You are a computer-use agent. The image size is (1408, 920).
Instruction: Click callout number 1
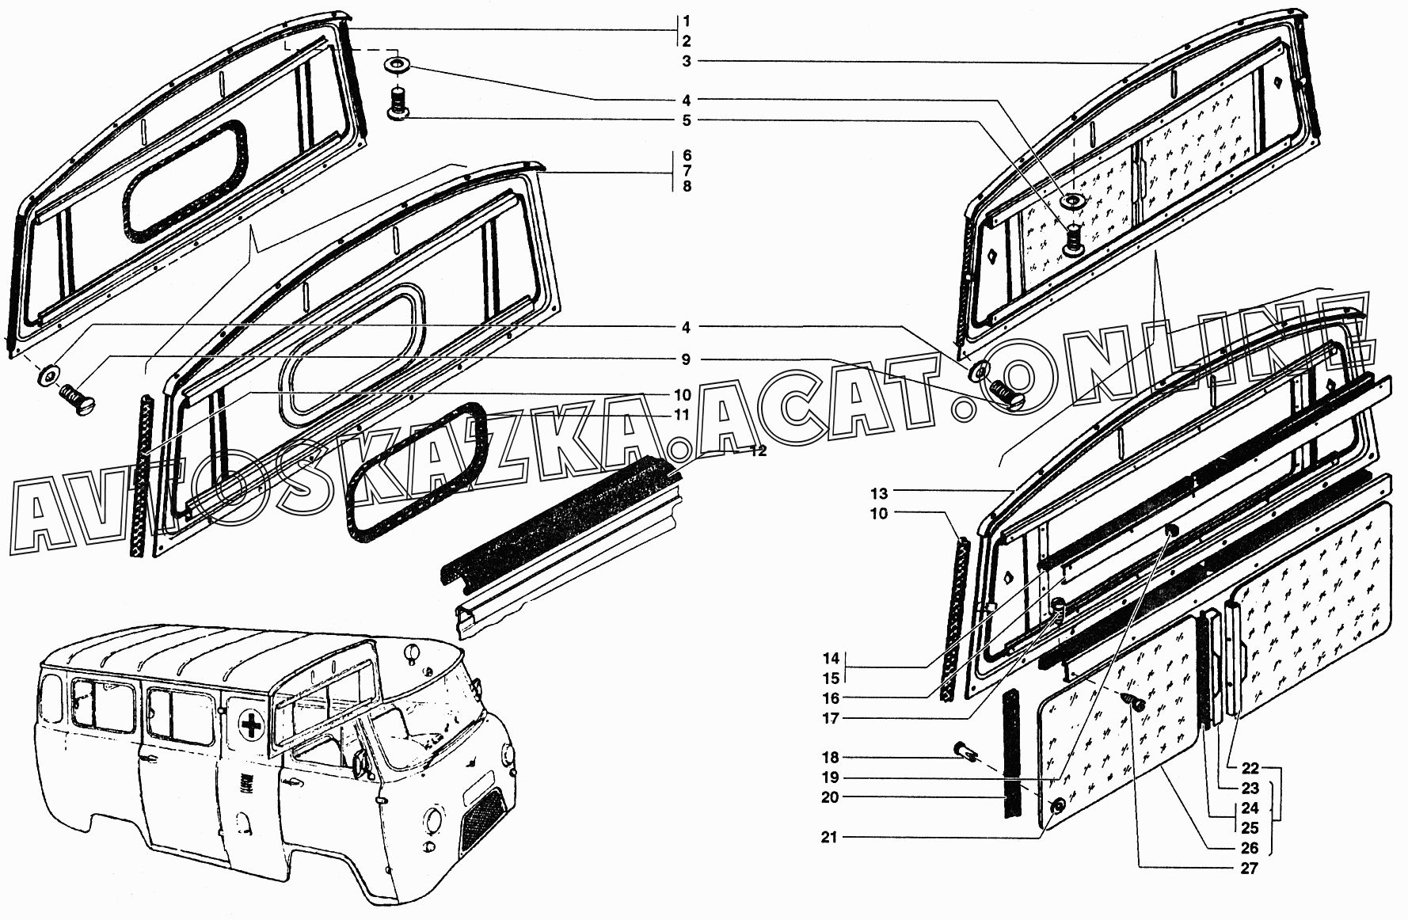pos(687,20)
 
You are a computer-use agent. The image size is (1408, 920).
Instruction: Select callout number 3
pos(687,61)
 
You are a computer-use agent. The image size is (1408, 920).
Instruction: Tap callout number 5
pos(687,120)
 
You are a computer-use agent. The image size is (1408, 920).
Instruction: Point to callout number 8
pos(687,186)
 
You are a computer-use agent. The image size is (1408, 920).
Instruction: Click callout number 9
pos(687,359)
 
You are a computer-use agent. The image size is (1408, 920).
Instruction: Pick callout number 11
pos(683,415)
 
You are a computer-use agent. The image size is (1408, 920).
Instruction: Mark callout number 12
pos(758,451)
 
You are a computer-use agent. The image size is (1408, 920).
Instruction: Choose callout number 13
pos(879,492)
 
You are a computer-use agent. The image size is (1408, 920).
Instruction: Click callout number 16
pos(830,698)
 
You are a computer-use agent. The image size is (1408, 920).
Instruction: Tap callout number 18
pos(830,758)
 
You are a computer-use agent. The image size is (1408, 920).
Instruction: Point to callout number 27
pos(1249,869)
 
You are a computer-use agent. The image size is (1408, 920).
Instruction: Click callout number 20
pos(830,797)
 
